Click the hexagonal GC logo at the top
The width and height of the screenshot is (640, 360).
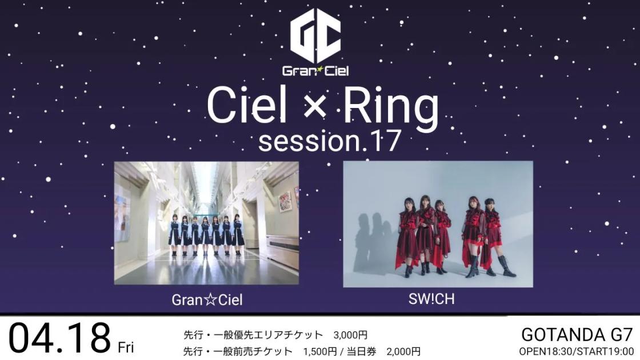click(x=315, y=37)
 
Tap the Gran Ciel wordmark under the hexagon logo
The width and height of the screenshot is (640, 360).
click(x=315, y=71)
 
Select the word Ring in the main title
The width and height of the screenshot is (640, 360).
click(x=391, y=107)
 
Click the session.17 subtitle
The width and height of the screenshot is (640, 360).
click(x=329, y=141)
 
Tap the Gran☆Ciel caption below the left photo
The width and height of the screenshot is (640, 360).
click(x=207, y=300)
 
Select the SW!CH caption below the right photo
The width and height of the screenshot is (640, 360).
click(x=431, y=299)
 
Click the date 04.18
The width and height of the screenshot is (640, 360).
click(x=59, y=338)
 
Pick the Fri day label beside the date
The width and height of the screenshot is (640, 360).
click(x=126, y=347)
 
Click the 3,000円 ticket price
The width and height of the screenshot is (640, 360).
click(x=350, y=335)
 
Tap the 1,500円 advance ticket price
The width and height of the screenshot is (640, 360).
click(x=320, y=351)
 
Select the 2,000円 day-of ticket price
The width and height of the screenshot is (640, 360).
click(x=403, y=351)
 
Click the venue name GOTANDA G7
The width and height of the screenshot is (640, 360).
click(x=577, y=335)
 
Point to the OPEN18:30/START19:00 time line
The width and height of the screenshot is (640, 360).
click(x=577, y=351)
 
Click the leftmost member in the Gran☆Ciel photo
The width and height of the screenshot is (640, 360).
click(x=175, y=235)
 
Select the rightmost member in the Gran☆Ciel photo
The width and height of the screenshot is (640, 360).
click(x=238, y=235)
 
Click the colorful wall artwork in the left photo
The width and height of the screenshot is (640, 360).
click(x=285, y=202)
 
